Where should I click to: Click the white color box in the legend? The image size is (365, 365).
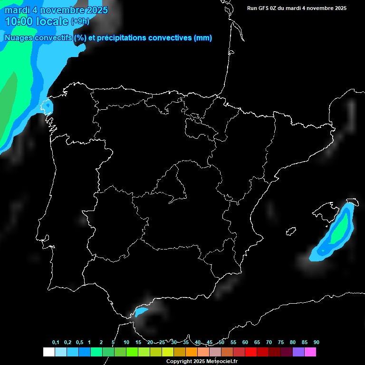coord(48,352)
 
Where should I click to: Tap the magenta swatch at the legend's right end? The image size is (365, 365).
coord(310,352)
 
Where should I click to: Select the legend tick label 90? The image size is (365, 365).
coord(316,343)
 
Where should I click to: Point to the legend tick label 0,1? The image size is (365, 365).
coord(56,343)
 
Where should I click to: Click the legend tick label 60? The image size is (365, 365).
coord(245,343)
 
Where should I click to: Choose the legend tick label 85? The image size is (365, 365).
coord(304,343)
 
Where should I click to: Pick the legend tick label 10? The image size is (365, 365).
coord(126,343)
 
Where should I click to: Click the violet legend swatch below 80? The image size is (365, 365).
coord(298,352)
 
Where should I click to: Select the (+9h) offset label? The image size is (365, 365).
coord(80,21)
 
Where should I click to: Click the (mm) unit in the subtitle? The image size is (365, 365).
coord(203,38)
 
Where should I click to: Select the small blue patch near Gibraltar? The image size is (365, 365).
coord(141,312)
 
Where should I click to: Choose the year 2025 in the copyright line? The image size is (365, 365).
coord(199,362)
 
